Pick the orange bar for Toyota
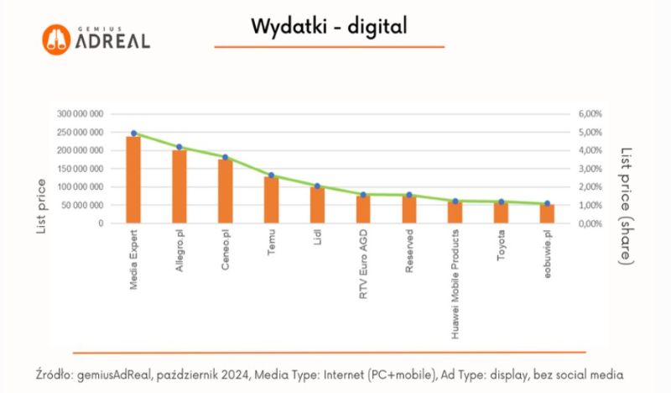click(x=501, y=212)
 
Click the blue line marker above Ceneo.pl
click(x=225, y=157)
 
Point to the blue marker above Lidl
click(x=317, y=186)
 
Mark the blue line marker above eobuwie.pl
click(x=547, y=203)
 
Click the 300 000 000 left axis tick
click(x=81, y=113)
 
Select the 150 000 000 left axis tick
click(x=81, y=169)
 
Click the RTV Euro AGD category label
click(x=364, y=259)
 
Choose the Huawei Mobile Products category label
click(x=455, y=286)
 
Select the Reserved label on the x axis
click(x=409, y=251)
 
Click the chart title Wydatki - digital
click(x=329, y=26)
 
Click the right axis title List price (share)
click(x=626, y=207)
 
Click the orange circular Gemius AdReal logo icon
click(x=56, y=40)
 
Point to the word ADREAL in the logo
click(x=113, y=42)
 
